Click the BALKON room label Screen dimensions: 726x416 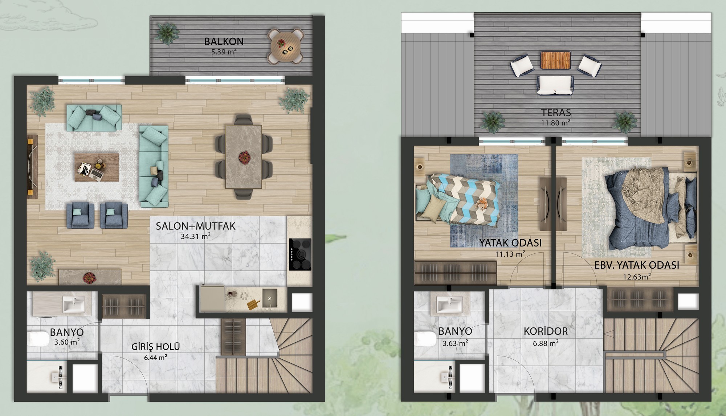tap(224, 41)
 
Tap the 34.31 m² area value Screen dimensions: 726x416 tap(196, 237)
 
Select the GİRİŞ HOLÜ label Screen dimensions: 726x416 tap(156, 346)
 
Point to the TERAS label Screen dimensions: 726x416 tap(555, 113)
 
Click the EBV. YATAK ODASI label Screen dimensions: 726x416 tap(637, 265)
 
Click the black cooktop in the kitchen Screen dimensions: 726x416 tap(300, 254)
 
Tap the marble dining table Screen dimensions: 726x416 tap(244, 156)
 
